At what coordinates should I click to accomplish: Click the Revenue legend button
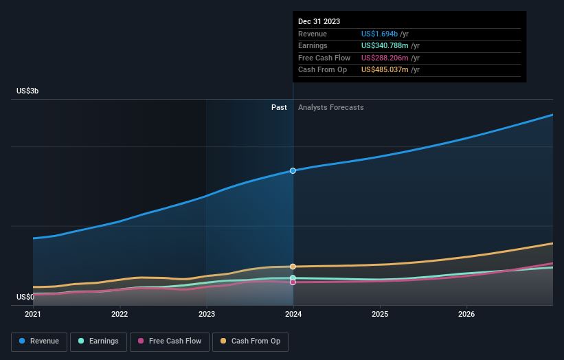tap(39, 341)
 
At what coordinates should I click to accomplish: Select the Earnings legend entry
tap(98, 341)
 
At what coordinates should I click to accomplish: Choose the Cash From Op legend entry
tap(251, 341)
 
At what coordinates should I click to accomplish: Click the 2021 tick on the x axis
tap(33, 315)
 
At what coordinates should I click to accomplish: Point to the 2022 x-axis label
tap(120, 315)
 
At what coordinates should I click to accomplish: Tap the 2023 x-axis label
tap(207, 315)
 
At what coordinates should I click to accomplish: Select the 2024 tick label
tap(293, 315)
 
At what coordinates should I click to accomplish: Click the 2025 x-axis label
tap(380, 315)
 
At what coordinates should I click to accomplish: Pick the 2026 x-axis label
tap(466, 315)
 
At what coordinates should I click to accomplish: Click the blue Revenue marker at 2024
tap(293, 170)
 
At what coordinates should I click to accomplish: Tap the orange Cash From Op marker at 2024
tap(293, 267)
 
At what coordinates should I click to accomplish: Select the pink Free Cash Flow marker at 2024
tap(293, 282)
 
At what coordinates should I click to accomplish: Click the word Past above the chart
tap(279, 107)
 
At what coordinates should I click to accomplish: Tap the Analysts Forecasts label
tap(330, 107)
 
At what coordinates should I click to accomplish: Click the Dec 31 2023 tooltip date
tap(319, 22)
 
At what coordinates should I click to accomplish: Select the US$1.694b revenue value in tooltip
tap(385, 34)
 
